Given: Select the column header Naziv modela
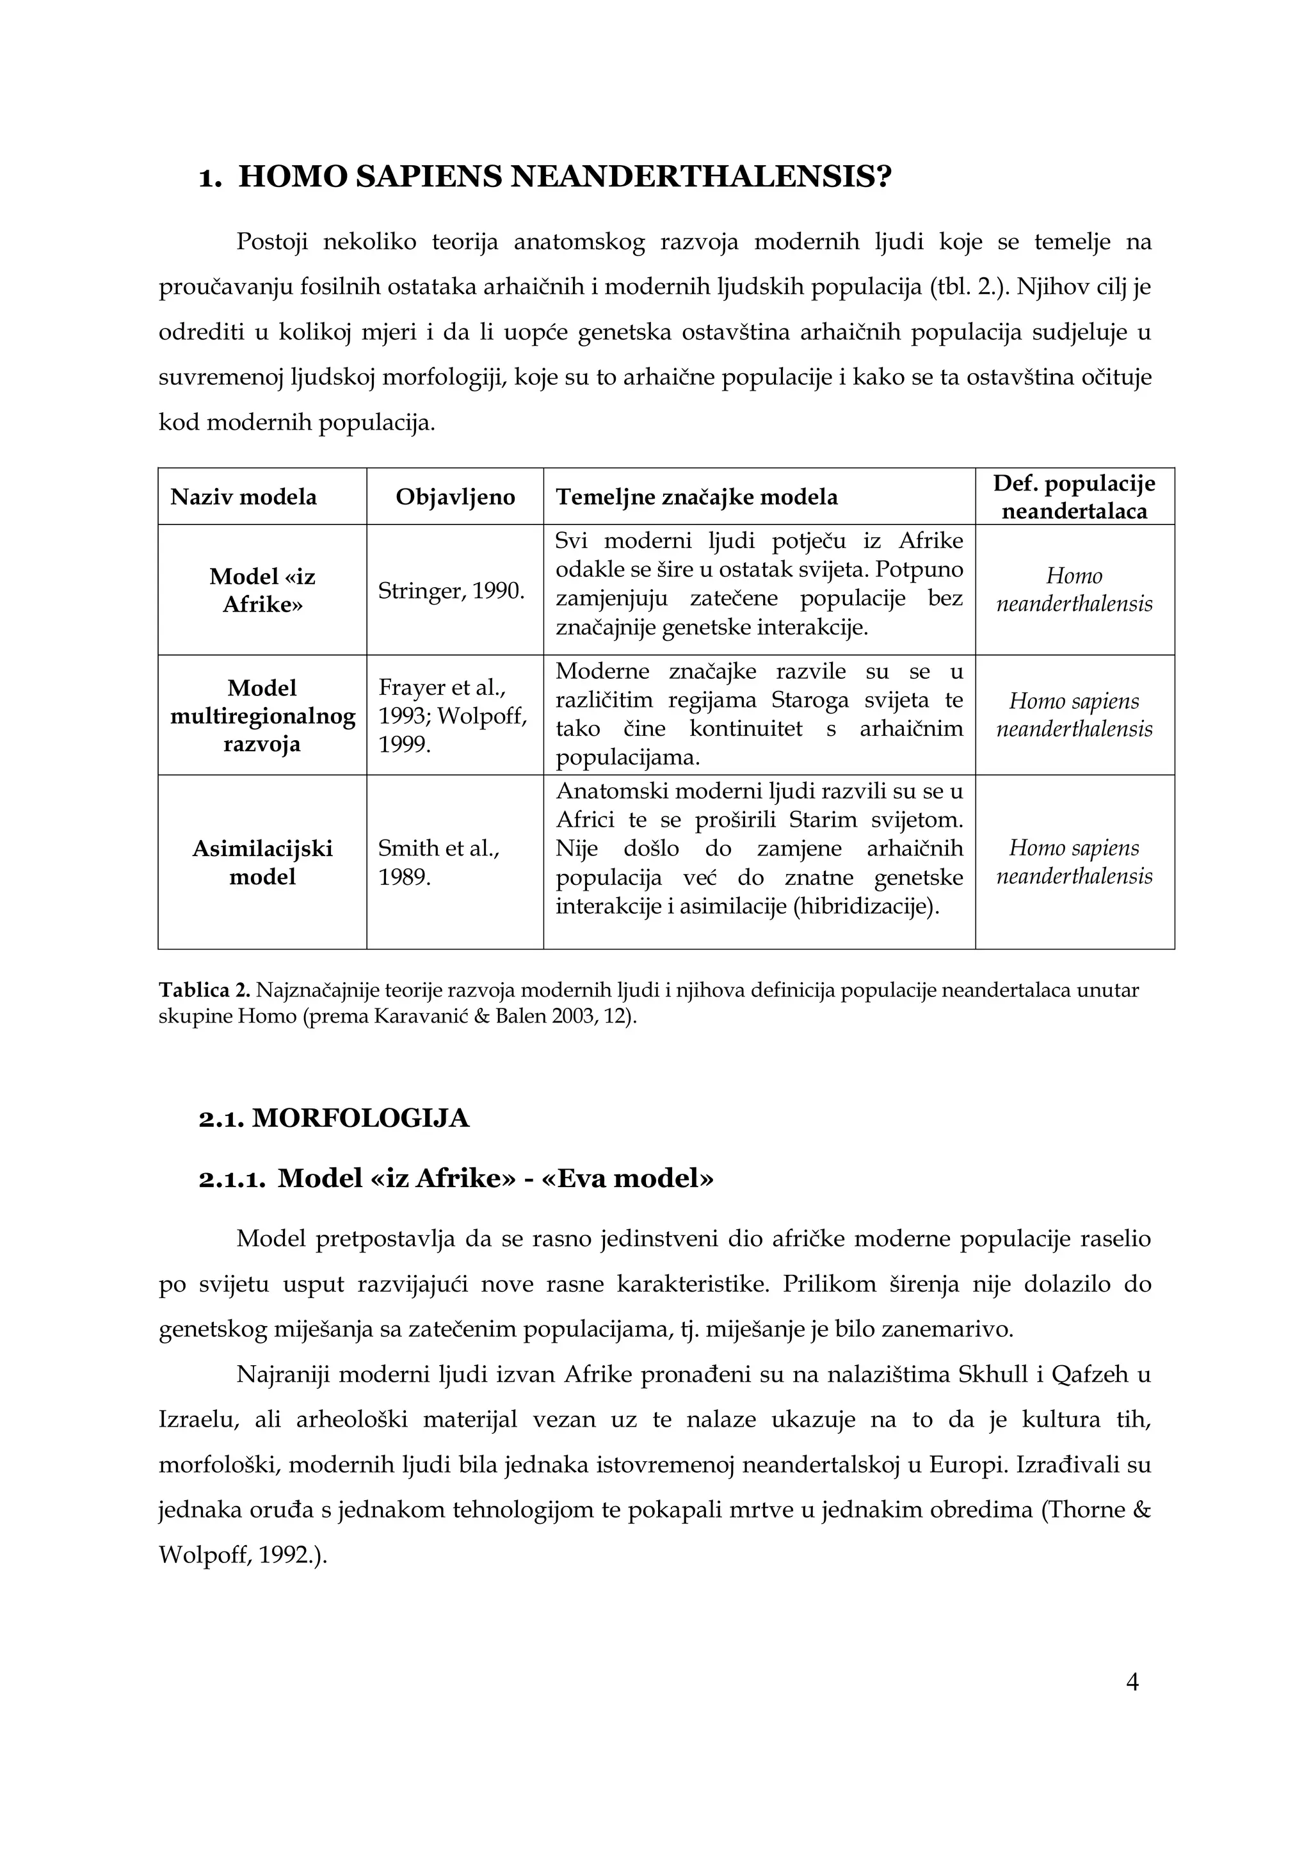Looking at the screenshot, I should [243, 497].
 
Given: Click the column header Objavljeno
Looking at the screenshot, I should [454, 497].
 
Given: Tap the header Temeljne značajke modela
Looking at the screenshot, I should [696, 497].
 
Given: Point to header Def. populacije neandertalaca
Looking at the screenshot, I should [1074, 497].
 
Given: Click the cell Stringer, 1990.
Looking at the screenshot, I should [451, 590].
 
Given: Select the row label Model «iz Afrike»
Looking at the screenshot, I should [262, 590].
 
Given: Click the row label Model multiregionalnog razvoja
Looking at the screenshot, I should [262, 716].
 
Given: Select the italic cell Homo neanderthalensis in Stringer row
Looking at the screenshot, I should [1074, 590].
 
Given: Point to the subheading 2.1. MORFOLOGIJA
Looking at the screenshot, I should [334, 1118].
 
